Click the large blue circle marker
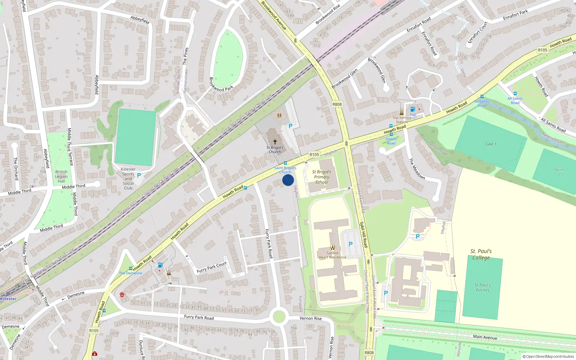click(288, 180)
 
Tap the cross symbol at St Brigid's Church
click(275, 142)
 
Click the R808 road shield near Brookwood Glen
click(337, 104)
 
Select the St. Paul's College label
click(481, 254)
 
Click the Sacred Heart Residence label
click(332, 255)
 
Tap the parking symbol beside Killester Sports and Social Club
click(139, 175)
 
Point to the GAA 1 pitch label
click(490, 144)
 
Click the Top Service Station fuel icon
click(413, 109)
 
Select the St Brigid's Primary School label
click(321, 177)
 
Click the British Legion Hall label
click(61, 176)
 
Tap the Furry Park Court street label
click(212, 267)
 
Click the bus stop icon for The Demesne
click(130, 269)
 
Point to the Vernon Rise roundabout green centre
click(279, 317)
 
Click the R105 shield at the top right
click(543, 50)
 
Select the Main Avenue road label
click(485, 337)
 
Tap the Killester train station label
click(8, 299)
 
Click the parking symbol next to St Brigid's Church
click(290, 126)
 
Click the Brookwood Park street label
click(221, 84)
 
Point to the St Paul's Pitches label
click(482, 287)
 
